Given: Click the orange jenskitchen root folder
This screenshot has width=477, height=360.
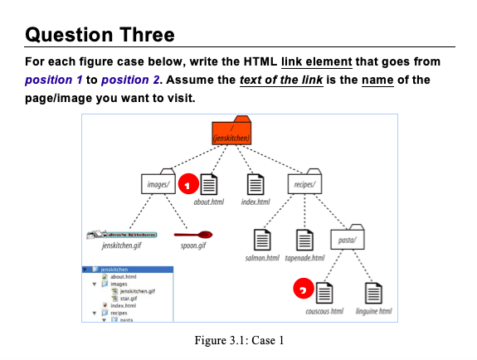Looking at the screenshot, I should tap(231, 132).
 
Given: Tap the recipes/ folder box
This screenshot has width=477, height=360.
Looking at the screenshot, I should tap(308, 184).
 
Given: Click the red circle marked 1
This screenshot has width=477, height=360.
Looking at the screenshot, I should tap(188, 184).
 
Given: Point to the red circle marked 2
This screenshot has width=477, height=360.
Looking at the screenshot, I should tap(304, 289).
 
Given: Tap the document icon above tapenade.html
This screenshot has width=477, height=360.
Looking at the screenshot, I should tap(304, 240).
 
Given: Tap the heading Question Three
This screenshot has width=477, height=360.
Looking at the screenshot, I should tap(100, 35).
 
